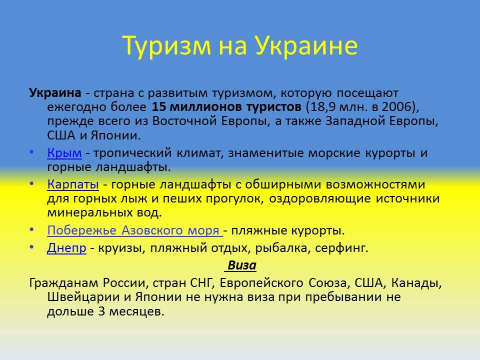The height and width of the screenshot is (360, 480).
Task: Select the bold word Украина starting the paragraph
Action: click(x=55, y=93)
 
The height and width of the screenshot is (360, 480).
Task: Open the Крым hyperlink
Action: click(x=64, y=153)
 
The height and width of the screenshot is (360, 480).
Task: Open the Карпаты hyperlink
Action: click(x=73, y=184)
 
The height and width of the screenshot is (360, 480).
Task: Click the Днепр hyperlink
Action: click(x=67, y=248)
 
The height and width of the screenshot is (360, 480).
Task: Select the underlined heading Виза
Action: click(x=242, y=265)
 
